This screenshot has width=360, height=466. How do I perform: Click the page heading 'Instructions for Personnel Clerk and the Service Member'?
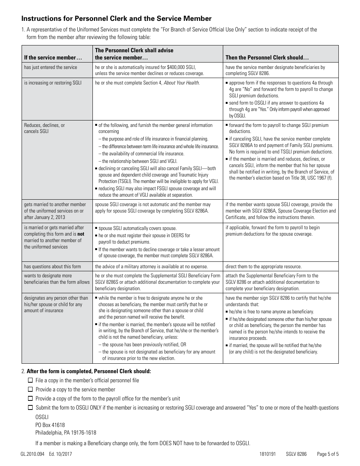tap(116, 19)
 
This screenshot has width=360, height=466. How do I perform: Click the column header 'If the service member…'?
tap(53, 58)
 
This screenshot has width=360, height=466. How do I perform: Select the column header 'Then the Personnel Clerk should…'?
tap(267, 58)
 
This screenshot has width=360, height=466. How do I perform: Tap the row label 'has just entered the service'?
tap(50, 67)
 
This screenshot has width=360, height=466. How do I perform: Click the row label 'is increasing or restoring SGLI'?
tap(53, 83)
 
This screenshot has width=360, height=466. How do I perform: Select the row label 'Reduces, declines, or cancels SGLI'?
tap(44, 128)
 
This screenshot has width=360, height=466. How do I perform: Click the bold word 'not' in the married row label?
tap(81, 234)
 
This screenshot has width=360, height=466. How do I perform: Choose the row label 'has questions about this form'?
tap(52, 266)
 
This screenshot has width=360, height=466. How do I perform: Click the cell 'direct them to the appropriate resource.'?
tap(263, 266)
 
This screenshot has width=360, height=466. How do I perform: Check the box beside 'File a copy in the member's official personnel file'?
tap(30, 380)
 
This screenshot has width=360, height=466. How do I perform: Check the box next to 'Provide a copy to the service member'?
tap(30, 389)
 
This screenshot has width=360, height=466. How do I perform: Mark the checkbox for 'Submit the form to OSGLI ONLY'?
tap(30, 408)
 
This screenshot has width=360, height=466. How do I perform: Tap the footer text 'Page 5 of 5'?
tap(328, 454)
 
